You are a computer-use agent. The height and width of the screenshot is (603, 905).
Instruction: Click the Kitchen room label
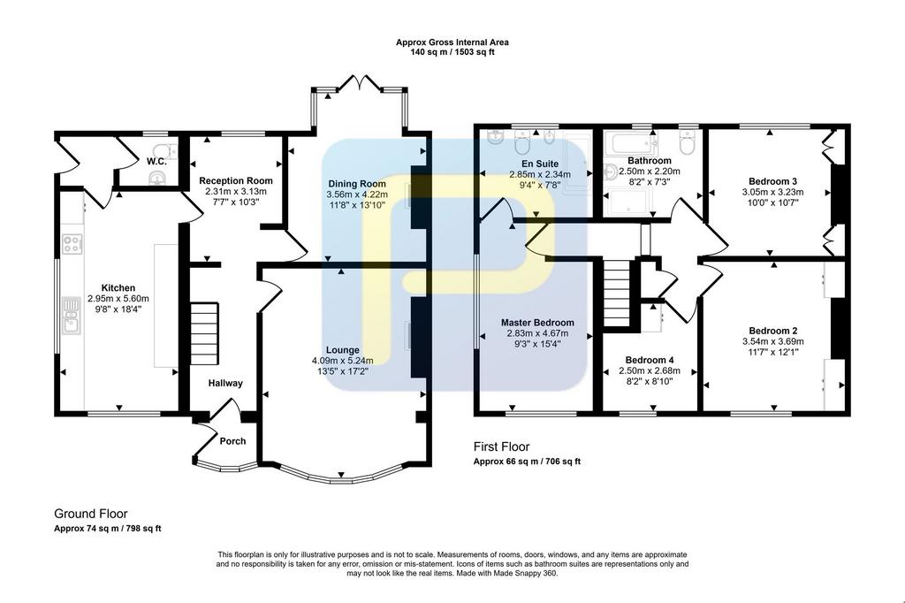point(118,287)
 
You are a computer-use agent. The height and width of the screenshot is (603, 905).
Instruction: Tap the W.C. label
point(156,161)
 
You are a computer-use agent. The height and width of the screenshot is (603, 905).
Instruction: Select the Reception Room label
point(236,180)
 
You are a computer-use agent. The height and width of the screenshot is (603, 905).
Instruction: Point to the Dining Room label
point(357,184)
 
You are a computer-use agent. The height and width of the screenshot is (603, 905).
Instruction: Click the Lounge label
point(343,349)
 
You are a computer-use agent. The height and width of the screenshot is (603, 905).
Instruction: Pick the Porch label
point(232,440)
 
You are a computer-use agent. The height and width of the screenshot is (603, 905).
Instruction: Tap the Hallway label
point(225,383)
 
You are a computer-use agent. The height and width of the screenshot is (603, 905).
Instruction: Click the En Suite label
point(540,164)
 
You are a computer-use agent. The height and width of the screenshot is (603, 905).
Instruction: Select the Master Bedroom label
point(537,323)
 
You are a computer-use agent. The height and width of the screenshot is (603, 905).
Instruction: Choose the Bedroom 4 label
point(650,360)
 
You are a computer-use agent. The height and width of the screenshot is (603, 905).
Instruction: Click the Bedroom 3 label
point(772,181)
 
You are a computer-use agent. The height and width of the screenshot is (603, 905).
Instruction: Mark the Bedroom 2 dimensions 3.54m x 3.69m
point(772,341)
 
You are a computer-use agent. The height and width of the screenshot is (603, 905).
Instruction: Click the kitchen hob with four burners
point(72,243)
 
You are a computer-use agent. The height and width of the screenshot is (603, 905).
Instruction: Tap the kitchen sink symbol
point(71,316)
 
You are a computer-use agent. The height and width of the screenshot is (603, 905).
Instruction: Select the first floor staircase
point(616,294)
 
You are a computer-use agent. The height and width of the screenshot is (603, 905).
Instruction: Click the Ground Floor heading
point(91,514)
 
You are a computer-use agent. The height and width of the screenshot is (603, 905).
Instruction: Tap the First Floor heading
point(501,447)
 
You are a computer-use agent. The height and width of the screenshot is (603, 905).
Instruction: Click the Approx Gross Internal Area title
point(452,42)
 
